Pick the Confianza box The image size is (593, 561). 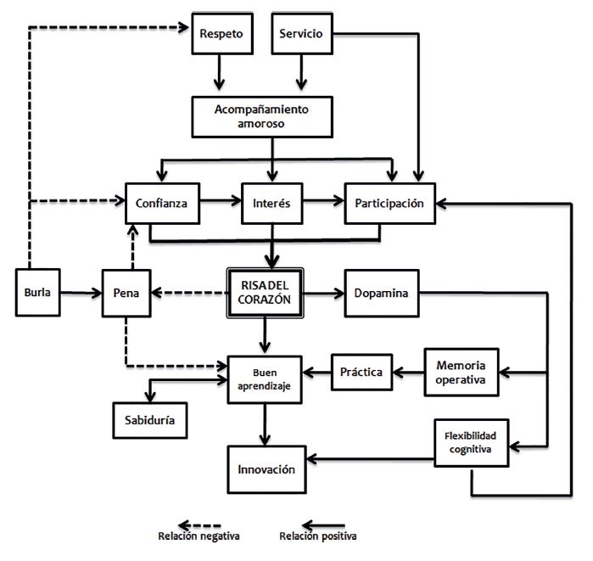(x=161, y=203)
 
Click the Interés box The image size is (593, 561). (x=271, y=203)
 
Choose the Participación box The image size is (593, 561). (x=390, y=203)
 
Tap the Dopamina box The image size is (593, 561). (x=382, y=294)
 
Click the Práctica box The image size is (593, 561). (x=361, y=371)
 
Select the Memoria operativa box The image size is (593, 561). (x=461, y=370)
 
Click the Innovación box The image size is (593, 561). (x=266, y=469)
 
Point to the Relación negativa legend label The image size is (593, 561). (x=199, y=536)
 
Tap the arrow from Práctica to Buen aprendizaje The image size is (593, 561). (x=317, y=371)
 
